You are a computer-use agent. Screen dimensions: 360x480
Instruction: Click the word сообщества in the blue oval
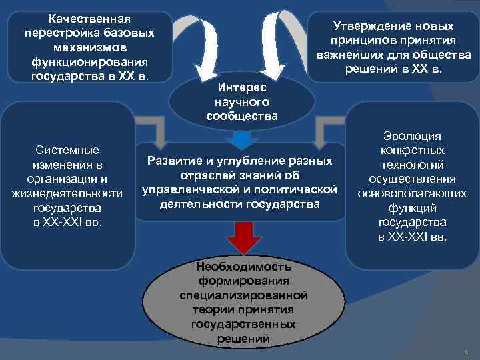[242, 116]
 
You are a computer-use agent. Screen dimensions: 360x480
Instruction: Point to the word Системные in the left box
[67, 150]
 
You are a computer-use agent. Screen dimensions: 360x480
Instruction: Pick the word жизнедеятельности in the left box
[67, 193]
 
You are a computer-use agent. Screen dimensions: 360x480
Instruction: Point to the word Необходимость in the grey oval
[243, 267]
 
